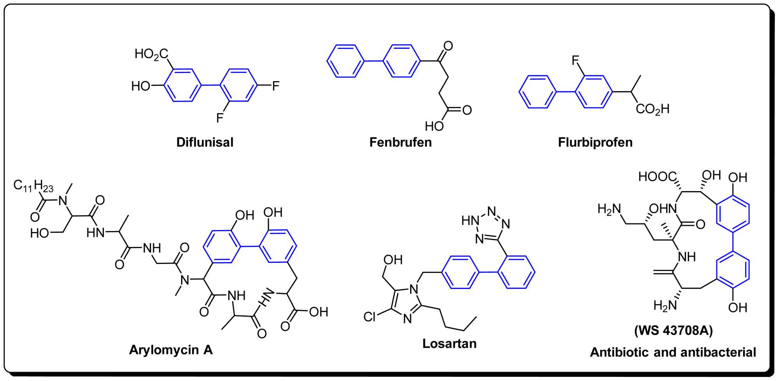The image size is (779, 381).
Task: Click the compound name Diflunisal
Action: [x=205, y=142]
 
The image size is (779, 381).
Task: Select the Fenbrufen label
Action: [x=400, y=142]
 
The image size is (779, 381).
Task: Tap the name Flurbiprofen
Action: [x=595, y=142]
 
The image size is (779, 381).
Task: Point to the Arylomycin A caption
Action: [x=171, y=350]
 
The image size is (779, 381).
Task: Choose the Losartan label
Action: [x=449, y=344]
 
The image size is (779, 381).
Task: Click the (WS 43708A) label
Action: [x=673, y=331]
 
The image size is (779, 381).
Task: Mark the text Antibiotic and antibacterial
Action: [x=673, y=352]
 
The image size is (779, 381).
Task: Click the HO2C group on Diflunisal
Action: [x=151, y=54]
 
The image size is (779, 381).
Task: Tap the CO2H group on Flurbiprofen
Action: [x=652, y=109]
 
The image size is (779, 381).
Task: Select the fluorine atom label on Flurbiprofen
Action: [x=575, y=60]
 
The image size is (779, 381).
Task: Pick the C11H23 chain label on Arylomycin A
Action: [x=33, y=186]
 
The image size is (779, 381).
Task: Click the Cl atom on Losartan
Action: [x=370, y=317]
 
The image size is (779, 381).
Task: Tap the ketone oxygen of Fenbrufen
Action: [x=448, y=46]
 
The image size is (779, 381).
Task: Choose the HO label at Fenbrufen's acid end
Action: [x=434, y=126]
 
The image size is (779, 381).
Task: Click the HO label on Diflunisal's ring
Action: [x=141, y=86]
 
